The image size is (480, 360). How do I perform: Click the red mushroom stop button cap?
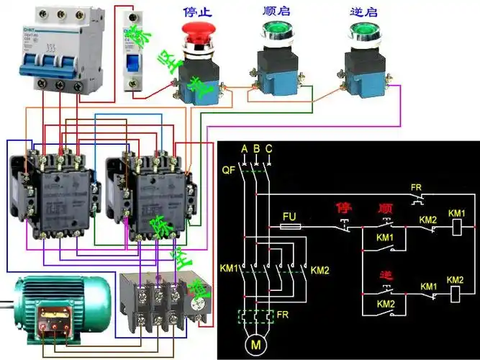196,31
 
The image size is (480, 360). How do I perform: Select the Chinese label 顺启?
276,11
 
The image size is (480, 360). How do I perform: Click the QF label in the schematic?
227,171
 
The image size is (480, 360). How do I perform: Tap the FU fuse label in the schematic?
289,215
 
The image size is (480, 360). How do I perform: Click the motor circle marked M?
255,344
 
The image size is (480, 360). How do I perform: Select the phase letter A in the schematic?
245,149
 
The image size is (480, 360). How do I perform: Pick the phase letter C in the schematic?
268,149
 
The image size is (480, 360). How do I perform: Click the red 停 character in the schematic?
343,208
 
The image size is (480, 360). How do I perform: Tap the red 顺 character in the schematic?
384,208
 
